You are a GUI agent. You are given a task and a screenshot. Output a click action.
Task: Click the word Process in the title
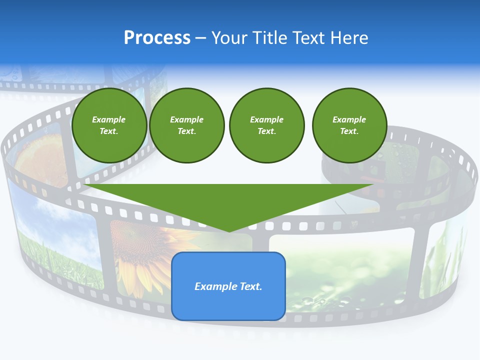[157, 38]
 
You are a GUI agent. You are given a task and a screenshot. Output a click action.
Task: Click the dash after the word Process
[200, 38]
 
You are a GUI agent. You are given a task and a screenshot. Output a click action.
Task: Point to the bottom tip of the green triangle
[229, 230]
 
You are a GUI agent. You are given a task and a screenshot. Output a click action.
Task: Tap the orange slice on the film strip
[40, 155]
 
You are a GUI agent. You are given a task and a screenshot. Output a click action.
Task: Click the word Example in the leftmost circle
[109, 119]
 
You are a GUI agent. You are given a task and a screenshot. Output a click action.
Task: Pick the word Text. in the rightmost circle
[349, 131]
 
